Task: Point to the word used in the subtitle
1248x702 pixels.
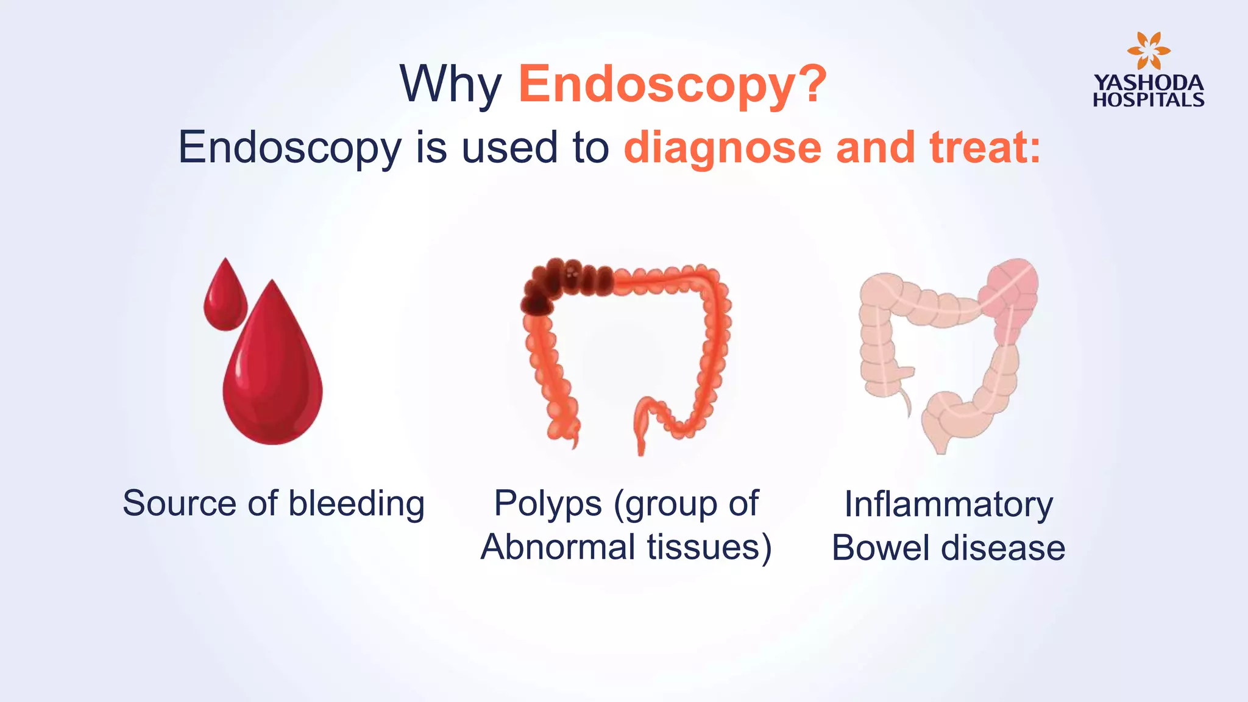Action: [x=509, y=148]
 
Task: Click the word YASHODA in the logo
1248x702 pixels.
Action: [x=1148, y=83]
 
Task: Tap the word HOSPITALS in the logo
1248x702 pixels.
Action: [x=1148, y=100]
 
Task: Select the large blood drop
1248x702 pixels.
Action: [x=272, y=378]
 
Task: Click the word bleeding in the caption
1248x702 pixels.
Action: [x=356, y=504]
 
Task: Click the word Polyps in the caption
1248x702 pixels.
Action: [x=547, y=504]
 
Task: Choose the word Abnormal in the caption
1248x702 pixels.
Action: [x=558, y=547]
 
